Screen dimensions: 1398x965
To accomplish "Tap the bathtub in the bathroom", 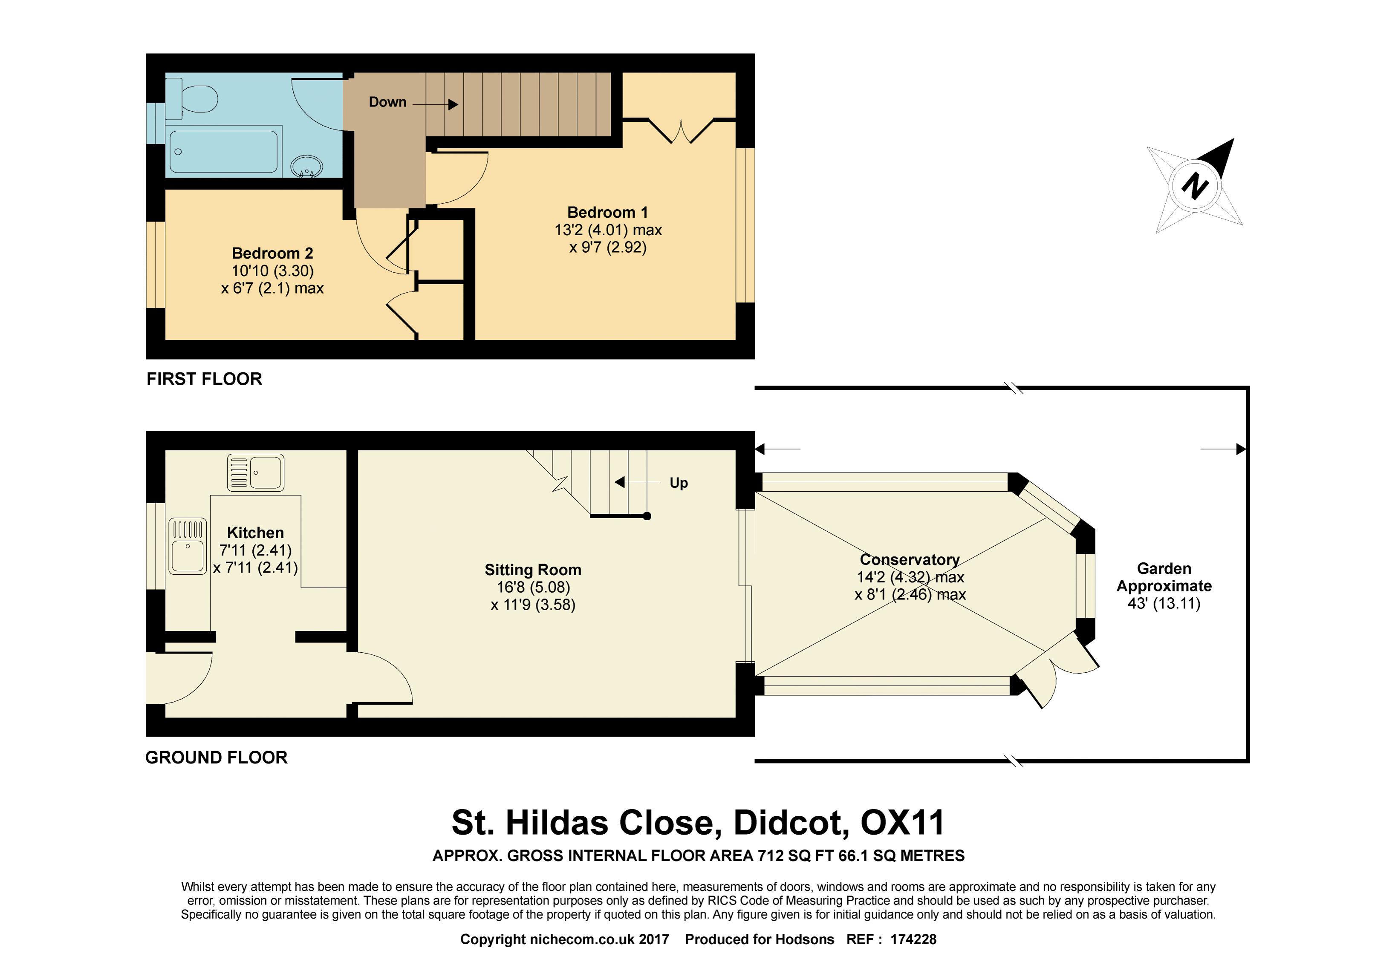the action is tap(224, 151).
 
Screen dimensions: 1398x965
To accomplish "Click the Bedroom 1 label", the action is tap(607, 212).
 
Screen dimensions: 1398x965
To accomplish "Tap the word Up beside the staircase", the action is tap(679, 482).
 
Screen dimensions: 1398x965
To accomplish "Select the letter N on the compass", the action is tap(1195, 186).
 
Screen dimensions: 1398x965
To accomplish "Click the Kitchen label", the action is tap(255, 533).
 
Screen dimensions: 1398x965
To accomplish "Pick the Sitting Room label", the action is tap(533, 570).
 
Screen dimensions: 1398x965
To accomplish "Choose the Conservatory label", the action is tap(910, 560).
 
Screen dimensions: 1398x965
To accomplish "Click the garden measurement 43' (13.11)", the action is tap(1164, 603).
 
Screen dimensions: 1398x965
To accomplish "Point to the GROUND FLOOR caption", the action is tap(217, 758).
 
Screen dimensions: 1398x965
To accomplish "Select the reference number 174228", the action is tap(913, 939).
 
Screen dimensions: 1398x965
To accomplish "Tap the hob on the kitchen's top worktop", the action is tap(255, 472).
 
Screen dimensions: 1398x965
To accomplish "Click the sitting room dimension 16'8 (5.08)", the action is tap(533, 587).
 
